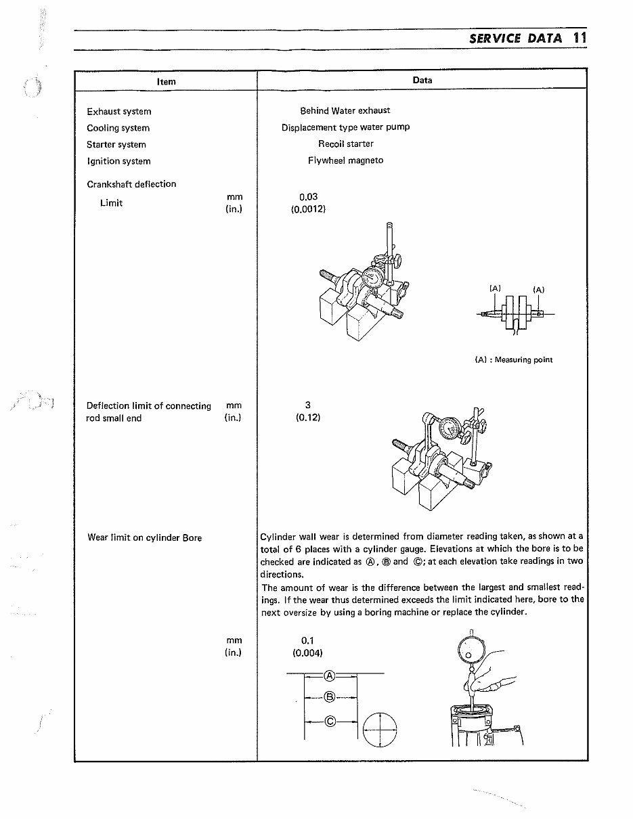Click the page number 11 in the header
(x=578, y=38)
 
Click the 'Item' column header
(x=166, y=81)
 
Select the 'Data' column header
(x=422, y=80)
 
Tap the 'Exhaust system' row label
(x=119, y=112)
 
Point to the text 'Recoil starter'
(x=345, y=144)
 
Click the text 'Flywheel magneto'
(x=345, y=160)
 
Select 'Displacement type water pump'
(x=345, y=127)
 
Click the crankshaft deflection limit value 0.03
(x=308, y=197)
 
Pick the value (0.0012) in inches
(x=308, y=209)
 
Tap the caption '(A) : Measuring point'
(x=513, y=360)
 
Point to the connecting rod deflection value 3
(x=307, y=405)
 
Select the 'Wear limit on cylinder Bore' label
(x=144, y=538)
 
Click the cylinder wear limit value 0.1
(x=307, y=640)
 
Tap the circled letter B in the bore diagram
(x=330, y=696)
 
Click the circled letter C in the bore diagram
(x=330, y=721)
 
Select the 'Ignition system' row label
(x=118, y=161)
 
